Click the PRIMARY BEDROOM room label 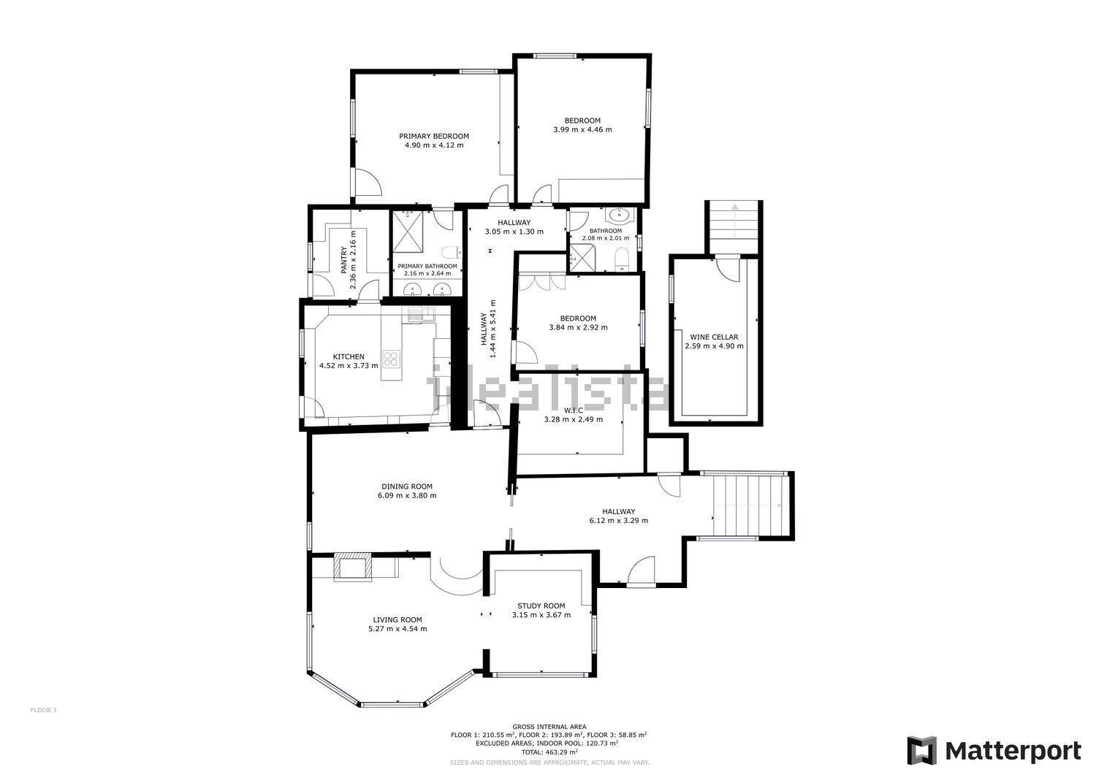[x=433, y=136]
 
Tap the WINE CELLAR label [x=714, y=337]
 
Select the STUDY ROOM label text [x=541, y=606]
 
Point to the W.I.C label [x=574, y=410]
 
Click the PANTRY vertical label [x=344, y=260]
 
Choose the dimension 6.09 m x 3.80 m [x=407, y=496]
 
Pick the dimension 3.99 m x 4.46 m [x=582, y=130]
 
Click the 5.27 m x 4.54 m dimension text [x=397, y=629]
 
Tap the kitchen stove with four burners [x=391, y=359]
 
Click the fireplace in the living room [x=353, y=567]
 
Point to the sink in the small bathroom [x=620, y=214]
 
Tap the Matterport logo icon [x=922, y=751]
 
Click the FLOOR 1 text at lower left [x=44, y=710]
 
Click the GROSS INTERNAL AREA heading [x=549, y=727]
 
